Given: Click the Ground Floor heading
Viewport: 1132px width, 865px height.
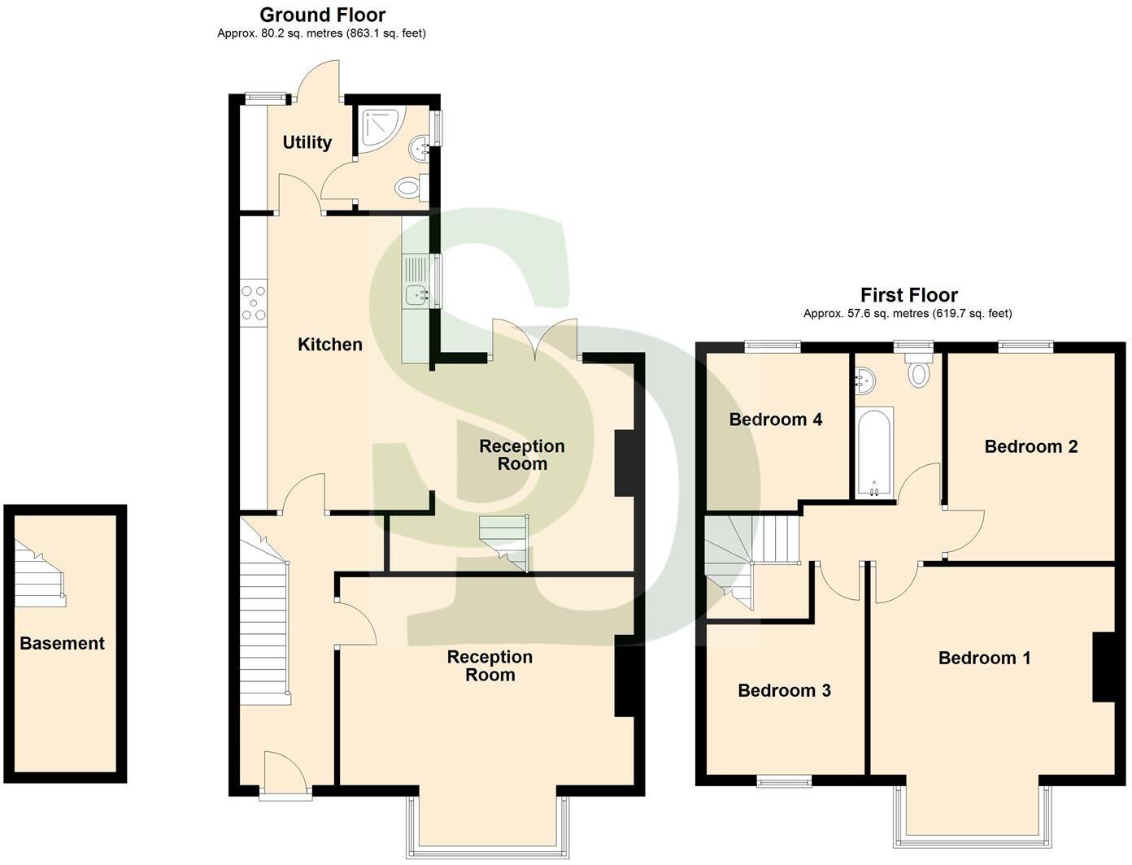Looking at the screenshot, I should click(322, 15).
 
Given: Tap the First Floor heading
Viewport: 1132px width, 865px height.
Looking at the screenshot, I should click(908, 295).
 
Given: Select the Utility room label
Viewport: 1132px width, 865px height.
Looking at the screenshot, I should click(307, 142).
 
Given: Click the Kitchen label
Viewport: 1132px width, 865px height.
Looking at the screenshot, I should click(329, 345).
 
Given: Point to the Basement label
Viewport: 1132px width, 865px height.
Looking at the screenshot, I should click(62, 643).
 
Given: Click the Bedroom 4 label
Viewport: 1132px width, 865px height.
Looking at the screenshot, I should click(775, 419).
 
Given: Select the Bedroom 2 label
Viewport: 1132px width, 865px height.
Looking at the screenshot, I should click(1030, 446).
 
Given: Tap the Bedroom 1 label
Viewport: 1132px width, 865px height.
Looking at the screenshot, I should click(984, 658).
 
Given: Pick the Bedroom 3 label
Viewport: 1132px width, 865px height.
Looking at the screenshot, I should click(784, 690).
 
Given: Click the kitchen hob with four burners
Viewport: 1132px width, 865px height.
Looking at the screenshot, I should click(254, 302).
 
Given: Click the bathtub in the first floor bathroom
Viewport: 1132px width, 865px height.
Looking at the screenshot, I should click(874, 451).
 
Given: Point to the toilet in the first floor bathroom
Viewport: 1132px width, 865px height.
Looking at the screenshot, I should click(918, 371).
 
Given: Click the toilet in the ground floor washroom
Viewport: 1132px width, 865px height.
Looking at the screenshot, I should click(409, 189).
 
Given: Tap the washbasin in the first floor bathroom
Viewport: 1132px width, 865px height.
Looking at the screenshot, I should click(865, 379).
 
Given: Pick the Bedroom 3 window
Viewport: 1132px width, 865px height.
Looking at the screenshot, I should click(784, 781).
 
